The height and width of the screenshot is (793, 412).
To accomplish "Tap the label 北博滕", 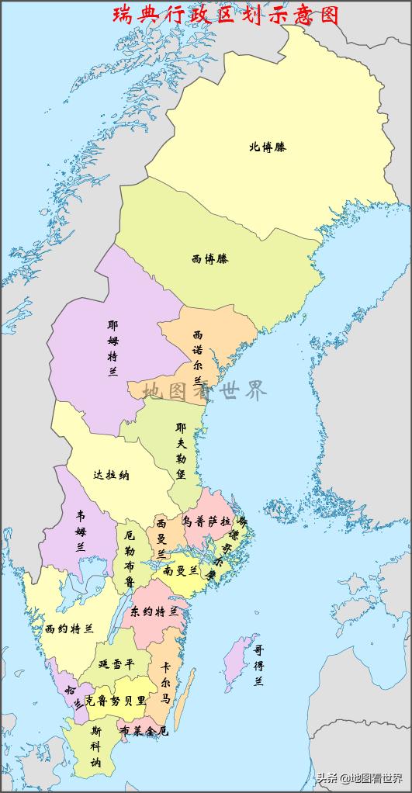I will click(267, 146).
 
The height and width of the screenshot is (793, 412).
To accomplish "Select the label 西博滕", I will click(209, 258).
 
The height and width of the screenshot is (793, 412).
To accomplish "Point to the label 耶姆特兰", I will click(113, 348).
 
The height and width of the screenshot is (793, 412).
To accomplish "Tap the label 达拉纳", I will click(111, 475).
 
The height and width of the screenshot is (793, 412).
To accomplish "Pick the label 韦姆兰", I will click(80, 530).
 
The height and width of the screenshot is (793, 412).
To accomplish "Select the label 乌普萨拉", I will click(206, 521).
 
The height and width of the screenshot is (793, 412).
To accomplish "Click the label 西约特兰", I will click(69, 628).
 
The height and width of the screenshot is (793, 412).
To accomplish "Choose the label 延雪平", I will click(116, 664).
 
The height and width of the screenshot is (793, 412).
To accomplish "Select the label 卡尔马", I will click(165, 683).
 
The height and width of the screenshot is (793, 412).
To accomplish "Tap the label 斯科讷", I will click(95, 746).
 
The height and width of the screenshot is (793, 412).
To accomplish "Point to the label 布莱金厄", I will click(143, 731).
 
